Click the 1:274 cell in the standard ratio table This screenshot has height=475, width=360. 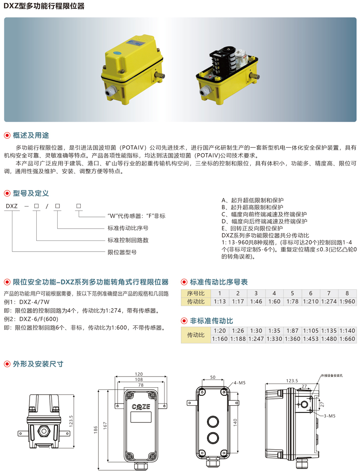click(329, 301)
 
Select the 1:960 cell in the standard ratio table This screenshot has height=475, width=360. click(347, 301)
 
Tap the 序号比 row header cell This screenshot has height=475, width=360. click(195, 293)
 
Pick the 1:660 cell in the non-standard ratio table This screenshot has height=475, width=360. click(347, 339)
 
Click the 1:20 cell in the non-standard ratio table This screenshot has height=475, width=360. click(220, 331)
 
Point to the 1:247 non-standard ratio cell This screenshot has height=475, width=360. click(256, 339)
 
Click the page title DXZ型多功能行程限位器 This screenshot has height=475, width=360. click(44, 6)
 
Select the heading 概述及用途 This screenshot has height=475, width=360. click(31, 135)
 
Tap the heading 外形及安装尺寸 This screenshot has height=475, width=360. click(38, 364)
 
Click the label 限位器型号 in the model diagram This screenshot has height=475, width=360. click(122, 252)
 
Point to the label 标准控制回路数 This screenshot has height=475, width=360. click(128, 240)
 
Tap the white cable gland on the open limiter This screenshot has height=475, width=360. click(205, 91)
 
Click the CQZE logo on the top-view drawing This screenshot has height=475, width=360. click(141, 407)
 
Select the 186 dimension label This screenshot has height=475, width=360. click(96, 430)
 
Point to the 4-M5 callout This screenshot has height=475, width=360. click(239, 383)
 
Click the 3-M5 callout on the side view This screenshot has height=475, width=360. click(330, 416)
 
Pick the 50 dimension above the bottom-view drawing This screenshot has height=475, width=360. click(213, 377)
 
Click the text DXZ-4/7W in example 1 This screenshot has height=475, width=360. click(34, 302)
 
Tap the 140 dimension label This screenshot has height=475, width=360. click(235, 423)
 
